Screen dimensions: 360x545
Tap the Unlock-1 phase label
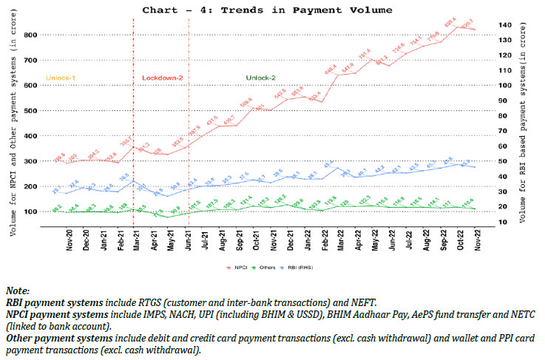(61, 77)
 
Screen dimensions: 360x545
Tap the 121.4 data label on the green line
(247, 200)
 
